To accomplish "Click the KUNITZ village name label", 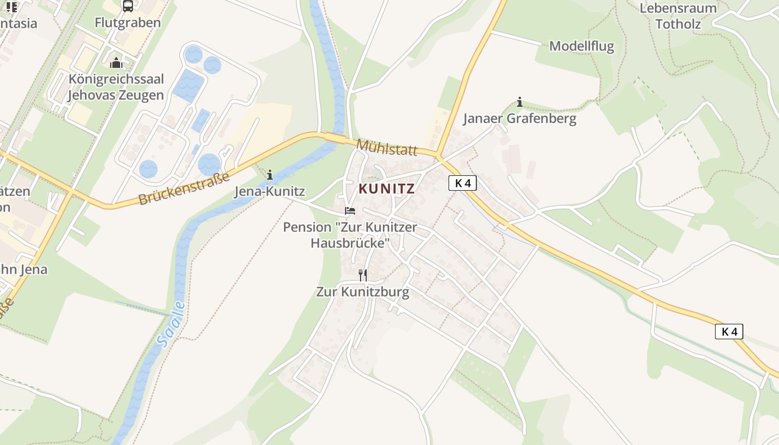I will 387,189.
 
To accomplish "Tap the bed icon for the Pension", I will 349,211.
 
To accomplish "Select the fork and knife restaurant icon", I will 362,275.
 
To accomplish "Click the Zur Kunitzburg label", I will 363,291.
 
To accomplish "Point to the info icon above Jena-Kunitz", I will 270,175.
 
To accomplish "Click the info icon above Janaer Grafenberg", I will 519,102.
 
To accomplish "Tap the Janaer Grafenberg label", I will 520,118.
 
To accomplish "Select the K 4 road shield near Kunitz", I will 462,183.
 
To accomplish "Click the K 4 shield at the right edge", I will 729,332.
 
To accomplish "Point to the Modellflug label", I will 581,46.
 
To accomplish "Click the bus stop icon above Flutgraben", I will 127,6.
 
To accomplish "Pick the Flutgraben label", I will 127,23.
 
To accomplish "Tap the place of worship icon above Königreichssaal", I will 116,62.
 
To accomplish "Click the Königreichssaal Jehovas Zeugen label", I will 116,87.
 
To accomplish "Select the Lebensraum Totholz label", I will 678,16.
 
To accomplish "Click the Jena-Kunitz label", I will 269,191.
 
